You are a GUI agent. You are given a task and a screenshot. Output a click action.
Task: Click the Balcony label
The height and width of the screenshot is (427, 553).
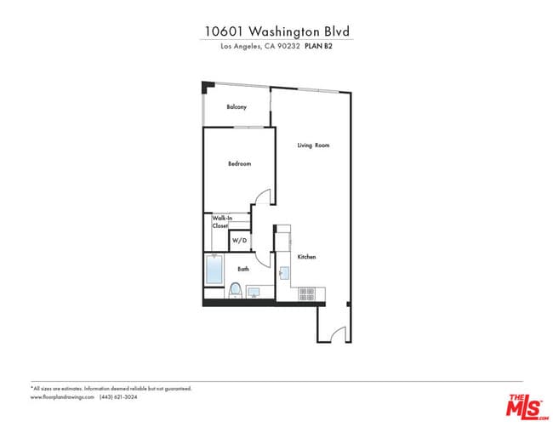237,107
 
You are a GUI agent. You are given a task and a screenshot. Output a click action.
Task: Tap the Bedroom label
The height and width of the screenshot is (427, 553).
239,163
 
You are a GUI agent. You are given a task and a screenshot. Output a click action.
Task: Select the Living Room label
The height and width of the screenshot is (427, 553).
313,145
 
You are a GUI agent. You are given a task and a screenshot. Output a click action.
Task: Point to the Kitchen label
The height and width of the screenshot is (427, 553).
306,257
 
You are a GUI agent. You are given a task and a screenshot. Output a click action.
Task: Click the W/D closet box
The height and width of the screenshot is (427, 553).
240,242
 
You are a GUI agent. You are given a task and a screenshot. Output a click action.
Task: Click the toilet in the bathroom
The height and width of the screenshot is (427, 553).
235,290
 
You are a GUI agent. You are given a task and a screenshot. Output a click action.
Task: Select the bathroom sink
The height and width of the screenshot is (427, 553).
254,292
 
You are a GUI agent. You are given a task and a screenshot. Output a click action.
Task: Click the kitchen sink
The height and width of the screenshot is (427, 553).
286,273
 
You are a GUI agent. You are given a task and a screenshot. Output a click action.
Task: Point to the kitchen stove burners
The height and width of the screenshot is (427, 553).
307,293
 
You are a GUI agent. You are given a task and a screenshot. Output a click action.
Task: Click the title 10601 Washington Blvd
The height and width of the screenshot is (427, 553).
276,31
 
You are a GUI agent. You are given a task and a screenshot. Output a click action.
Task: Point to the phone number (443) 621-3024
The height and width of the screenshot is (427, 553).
118,396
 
